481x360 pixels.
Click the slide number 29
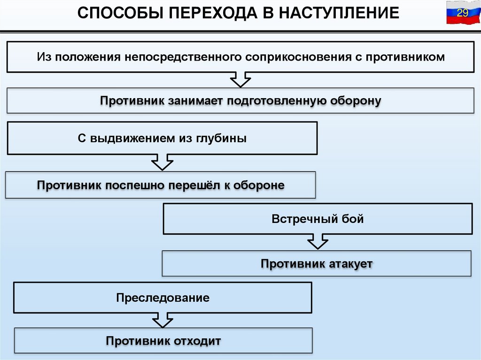(x=463, y=13)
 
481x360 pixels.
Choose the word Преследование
(x=163, y=298)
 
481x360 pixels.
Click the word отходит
(x=197, y=341)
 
